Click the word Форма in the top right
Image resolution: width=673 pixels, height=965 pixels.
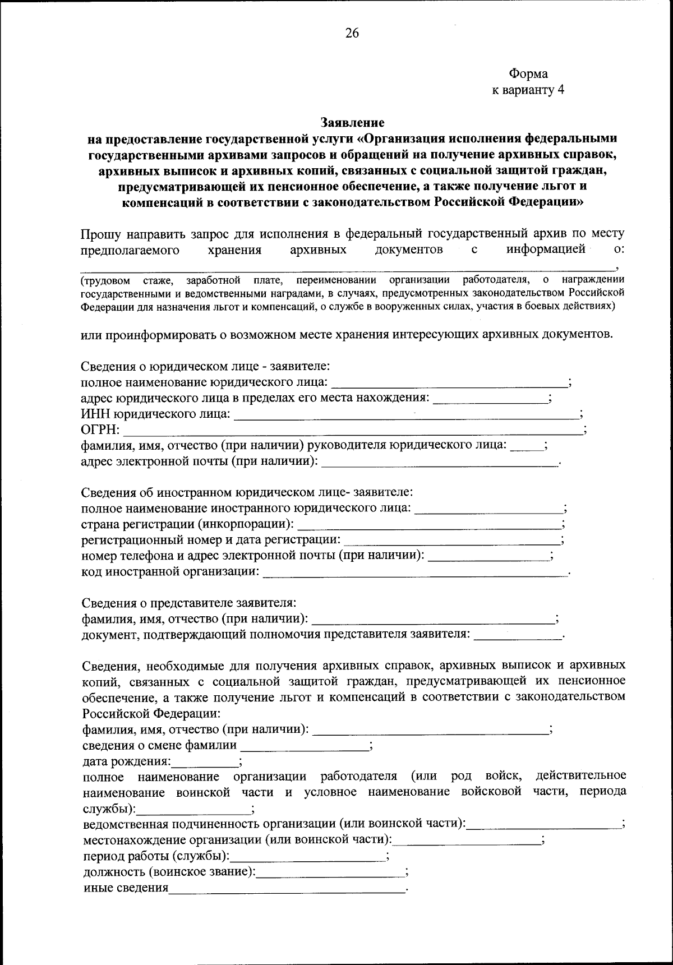click(x=528, y=73)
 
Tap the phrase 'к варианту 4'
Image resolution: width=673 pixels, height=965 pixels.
click(x=528, y=90)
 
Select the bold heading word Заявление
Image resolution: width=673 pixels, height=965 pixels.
click(x=352, y=122)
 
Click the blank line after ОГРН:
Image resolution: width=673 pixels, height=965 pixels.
click(x=353, y=432)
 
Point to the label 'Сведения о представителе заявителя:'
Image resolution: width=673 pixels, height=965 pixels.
click(x=188, y=603)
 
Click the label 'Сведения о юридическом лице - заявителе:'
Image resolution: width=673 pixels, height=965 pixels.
click(x=205, y=366)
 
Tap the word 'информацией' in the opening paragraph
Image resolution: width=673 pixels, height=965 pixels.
click(x=546, y=249)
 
